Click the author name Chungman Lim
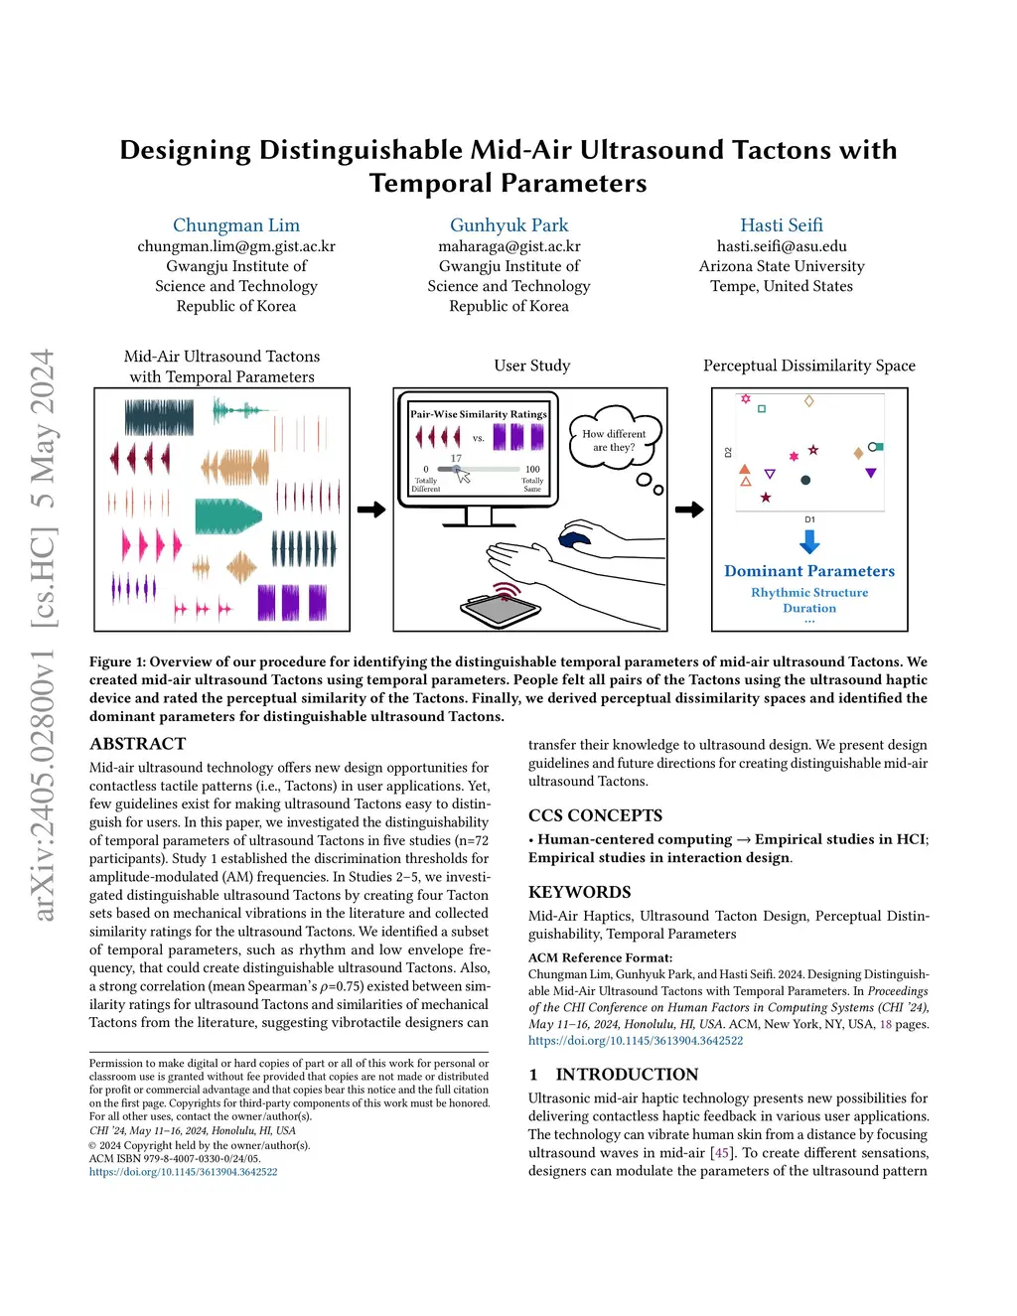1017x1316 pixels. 236,225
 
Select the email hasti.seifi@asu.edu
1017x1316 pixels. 782,246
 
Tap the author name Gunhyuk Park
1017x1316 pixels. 508,225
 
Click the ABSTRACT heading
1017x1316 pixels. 137,744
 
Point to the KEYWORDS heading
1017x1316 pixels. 579,892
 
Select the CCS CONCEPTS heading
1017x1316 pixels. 595,815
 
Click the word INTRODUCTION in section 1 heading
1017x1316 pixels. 627,1075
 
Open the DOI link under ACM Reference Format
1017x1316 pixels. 636,1041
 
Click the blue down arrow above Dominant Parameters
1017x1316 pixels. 809,542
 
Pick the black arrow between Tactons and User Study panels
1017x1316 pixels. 371,510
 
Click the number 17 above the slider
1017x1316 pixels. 456,458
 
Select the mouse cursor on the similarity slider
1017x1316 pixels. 463,477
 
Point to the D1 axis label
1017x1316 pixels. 809,519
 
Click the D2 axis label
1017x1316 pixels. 728,452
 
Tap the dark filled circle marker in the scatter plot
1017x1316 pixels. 805,481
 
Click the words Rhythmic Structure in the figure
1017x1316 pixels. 809,593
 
